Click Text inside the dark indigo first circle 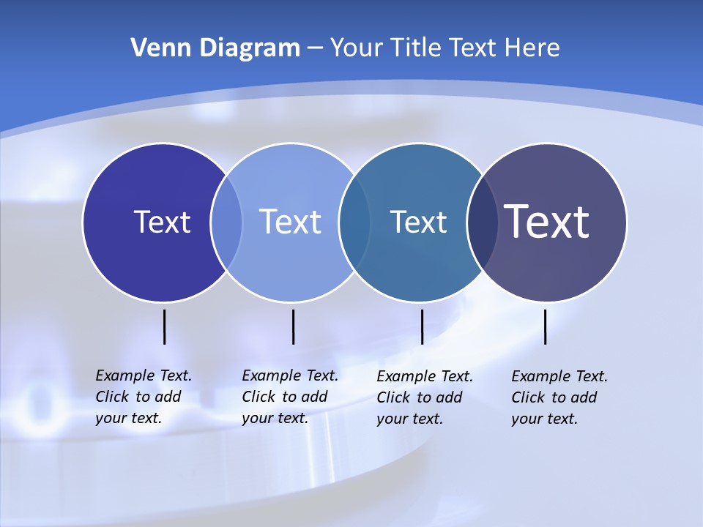pos(162,222)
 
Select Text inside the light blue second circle pos(291,222)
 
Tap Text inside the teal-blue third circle pos(418,222)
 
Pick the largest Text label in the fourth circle pos(547,222)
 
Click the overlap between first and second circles pos(226,222)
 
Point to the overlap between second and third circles pos(354,222)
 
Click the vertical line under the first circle pos(165,326)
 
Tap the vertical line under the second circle pos(294,326)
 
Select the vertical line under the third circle pos(423,326)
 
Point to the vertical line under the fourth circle pos(546,326)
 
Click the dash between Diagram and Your pos(315,49)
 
